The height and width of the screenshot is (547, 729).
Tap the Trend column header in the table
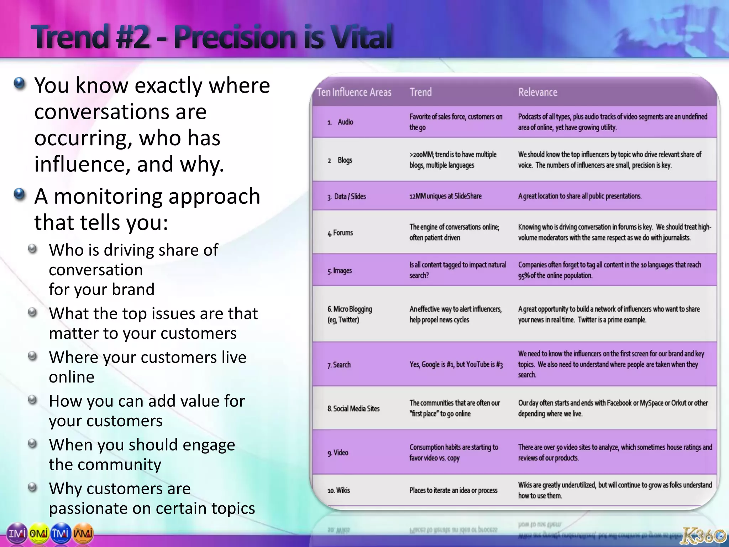click(x=420, y=92)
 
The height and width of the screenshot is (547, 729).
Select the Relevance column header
click(x=537, y=92)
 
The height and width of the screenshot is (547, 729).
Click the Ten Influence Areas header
click(x=354, y=92)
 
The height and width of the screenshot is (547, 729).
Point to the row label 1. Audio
click(x=341, y=122)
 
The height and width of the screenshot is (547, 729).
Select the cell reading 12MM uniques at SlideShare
click(x=445, y=196)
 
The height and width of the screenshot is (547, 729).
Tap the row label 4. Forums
click(x=340, y=233)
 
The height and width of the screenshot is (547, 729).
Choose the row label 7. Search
click(x=339, y=365)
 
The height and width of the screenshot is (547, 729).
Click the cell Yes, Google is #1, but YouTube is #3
click(x=456, y=364)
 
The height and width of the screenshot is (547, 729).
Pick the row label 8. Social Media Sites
click(x=353, y=409)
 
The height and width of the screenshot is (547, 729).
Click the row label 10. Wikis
click(x=339, y=490)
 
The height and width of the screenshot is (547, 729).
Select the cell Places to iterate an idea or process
click(x=453, y=490)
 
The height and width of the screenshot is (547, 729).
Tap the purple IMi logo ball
click(x=16, y=533)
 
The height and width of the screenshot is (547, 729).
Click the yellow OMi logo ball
click(x=38, y=533)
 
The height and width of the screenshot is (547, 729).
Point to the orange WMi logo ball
click(x=83, y=533)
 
